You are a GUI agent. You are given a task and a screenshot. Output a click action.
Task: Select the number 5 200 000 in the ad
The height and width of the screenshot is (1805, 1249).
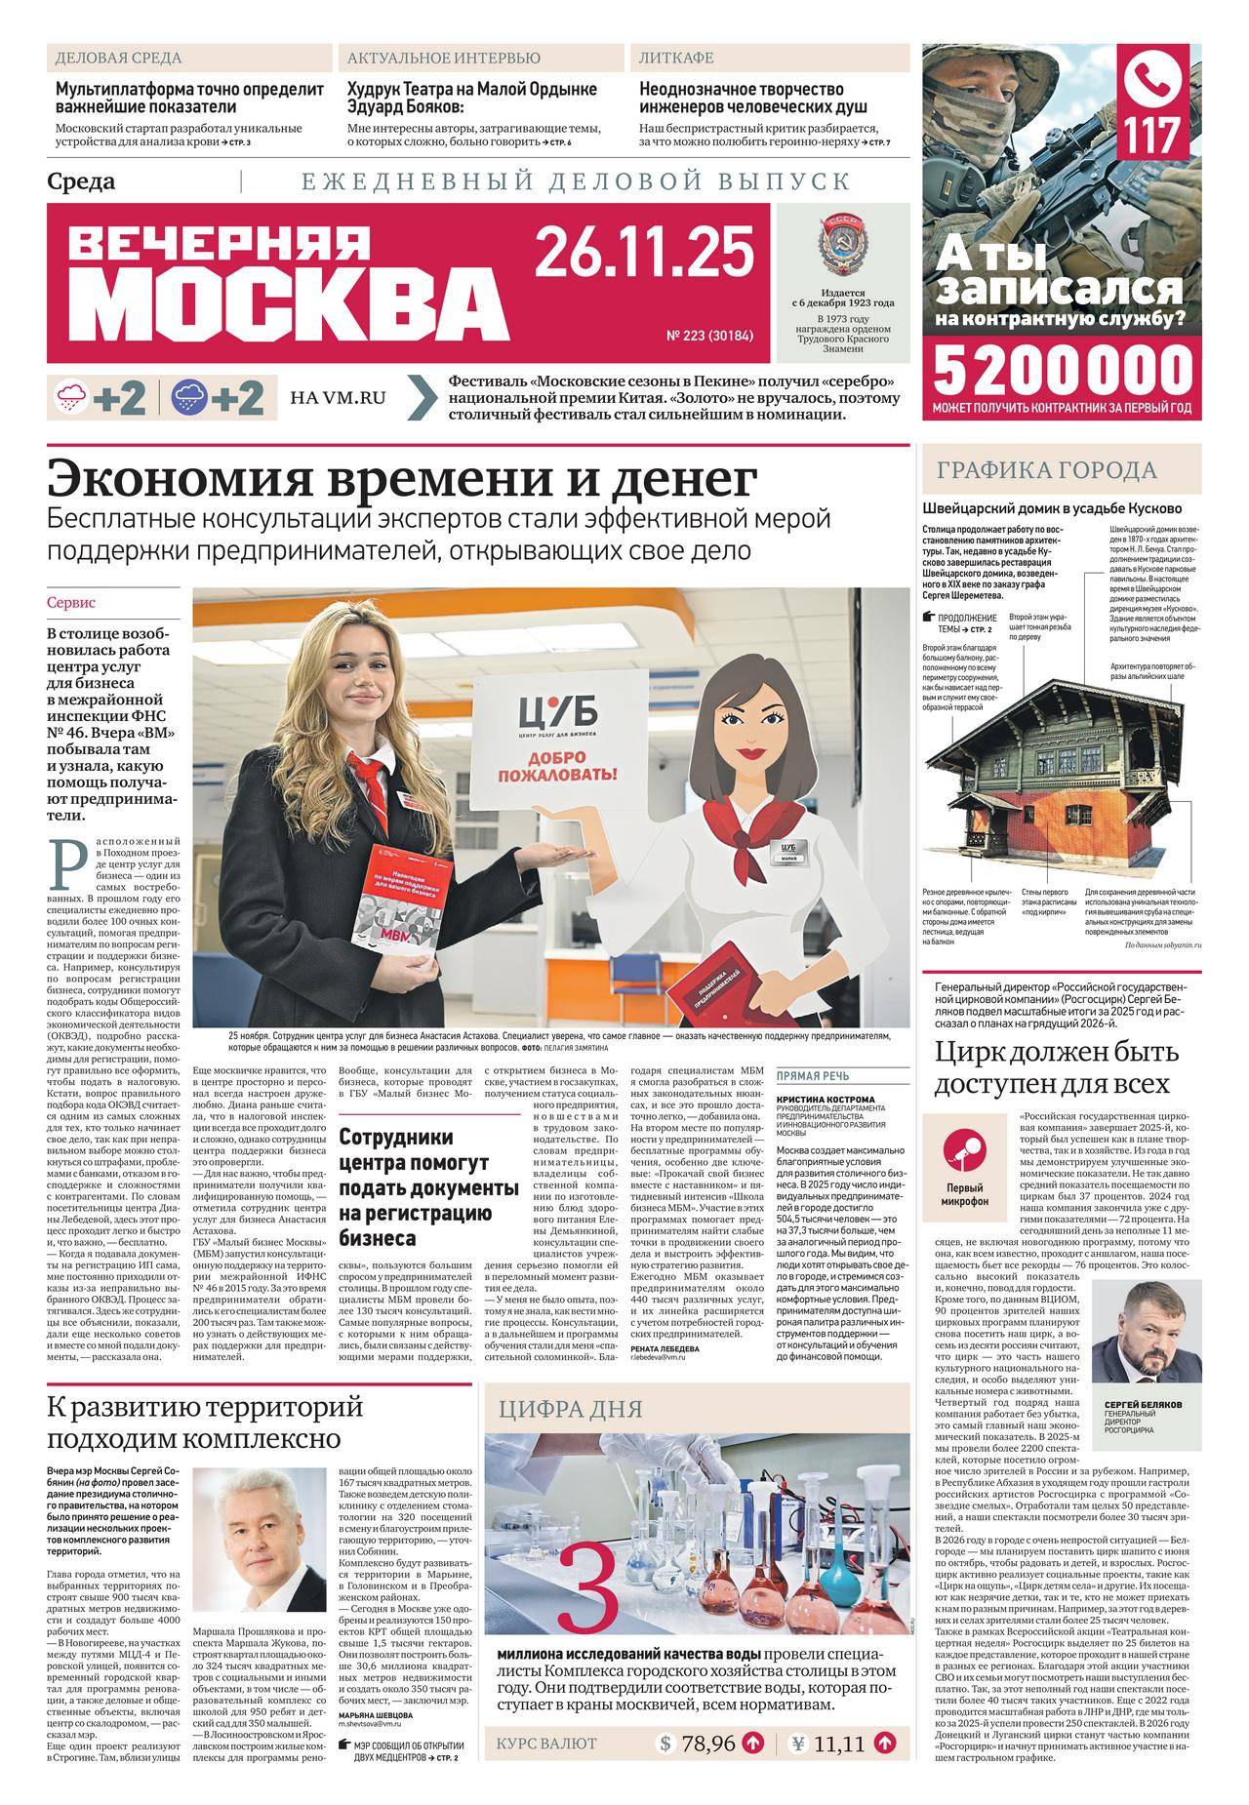1063,370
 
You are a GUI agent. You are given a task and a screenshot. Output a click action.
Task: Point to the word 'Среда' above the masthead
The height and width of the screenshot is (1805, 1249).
81,181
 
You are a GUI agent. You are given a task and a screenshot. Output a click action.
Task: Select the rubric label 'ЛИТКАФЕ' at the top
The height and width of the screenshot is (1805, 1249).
675,58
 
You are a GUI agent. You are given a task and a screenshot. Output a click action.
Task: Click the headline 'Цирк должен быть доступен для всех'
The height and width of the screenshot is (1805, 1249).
1052,1068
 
